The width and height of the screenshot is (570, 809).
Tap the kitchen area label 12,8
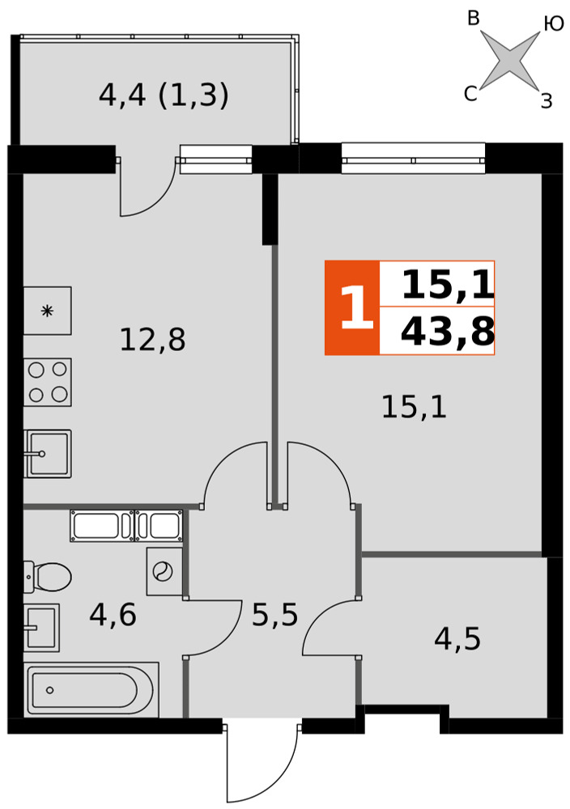pos(152,340)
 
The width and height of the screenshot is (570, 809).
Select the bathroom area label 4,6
pos(113,615)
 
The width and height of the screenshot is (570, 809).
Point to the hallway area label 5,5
pos(274,615)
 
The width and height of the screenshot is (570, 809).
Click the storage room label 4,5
pos(457,639)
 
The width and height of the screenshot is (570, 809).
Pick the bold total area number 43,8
pos(448,331)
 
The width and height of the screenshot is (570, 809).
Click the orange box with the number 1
pos(352,308)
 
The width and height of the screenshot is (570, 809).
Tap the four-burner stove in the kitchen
pos(48,383)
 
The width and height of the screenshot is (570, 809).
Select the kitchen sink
pos(48,454)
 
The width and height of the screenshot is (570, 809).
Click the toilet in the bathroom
pos(48,577)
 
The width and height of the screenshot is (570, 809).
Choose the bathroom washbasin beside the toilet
pos(41,628)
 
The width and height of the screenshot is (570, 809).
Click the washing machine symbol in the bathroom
pos(164,572)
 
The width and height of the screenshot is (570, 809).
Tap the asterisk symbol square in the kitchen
pos(48,311)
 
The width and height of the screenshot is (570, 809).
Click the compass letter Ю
pos(554,23)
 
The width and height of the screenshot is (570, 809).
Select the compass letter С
pos(470,94)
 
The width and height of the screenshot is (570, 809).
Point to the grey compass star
pos(510,57)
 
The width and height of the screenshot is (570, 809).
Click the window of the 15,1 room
pos(414,159)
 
